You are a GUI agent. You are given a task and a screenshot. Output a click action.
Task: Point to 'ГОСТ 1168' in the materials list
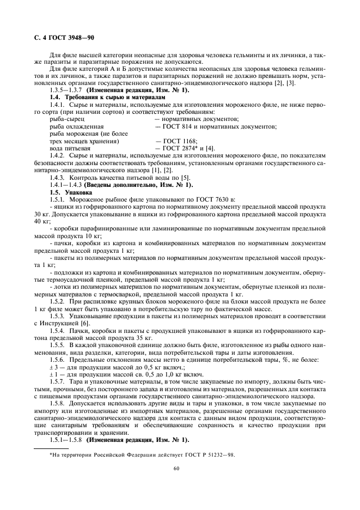pyautogui.click(x=172, y=140)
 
